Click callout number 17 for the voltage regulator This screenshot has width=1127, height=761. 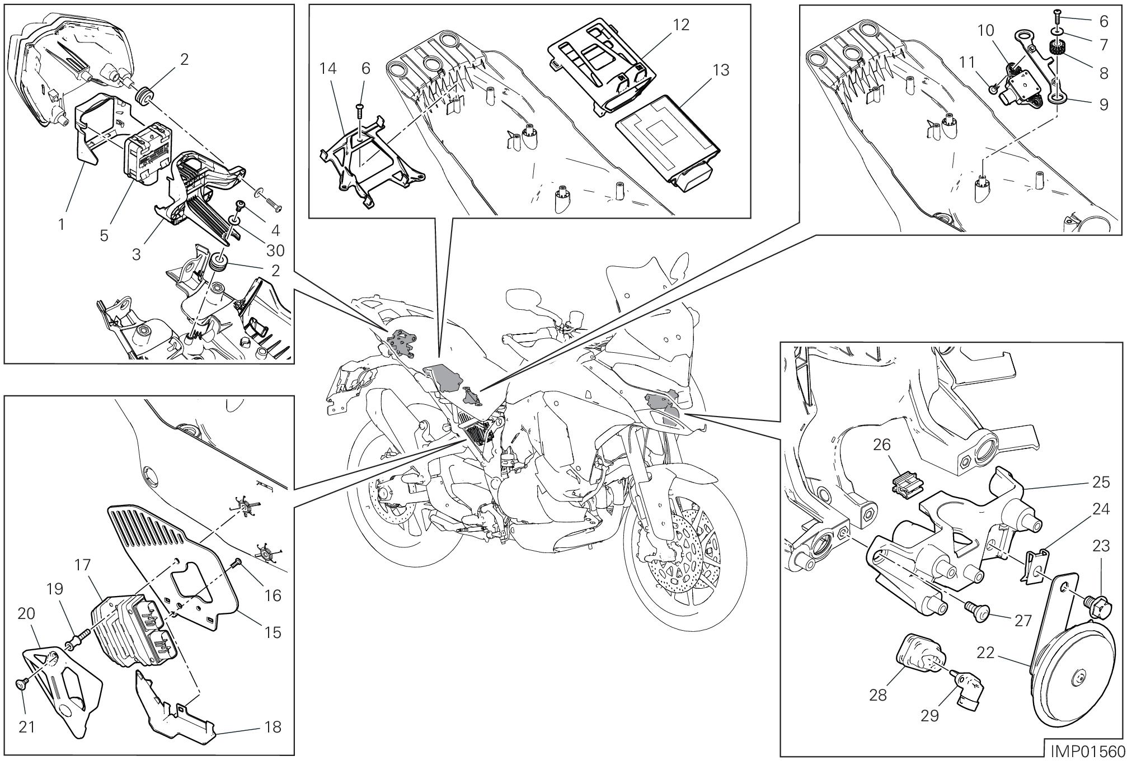(82, 565)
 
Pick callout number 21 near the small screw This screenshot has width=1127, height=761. (27, 727)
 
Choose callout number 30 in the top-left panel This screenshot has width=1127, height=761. (275, 250)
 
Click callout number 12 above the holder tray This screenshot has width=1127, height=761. (682, 24)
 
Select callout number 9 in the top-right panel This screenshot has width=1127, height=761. (1104, 105)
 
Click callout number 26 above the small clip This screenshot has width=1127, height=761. (882, 445)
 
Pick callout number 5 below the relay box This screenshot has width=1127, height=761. (104, 235)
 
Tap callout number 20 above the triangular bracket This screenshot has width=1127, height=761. (26, 613)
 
